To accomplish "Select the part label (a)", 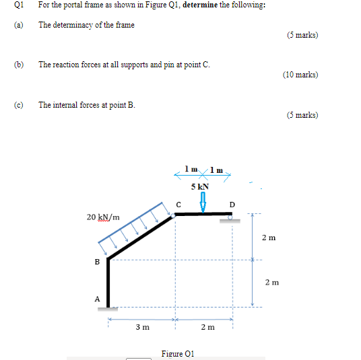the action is tap(18, 25).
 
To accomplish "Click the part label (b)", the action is tap(18, 65).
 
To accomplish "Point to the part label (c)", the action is tap(18, 105).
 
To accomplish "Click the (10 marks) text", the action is tap(301, 75).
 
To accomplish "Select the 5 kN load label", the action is tap(200, 186).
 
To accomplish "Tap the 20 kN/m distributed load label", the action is tap(103, 217).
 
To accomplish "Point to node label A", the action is tap(96, 299).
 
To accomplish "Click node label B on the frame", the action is tap(97, 262).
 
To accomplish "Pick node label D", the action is tap(232, 204).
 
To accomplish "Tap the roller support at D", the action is tap(230, 218).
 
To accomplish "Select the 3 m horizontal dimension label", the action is tap(142, 327).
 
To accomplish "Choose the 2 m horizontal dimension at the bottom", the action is tap(207, 327).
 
